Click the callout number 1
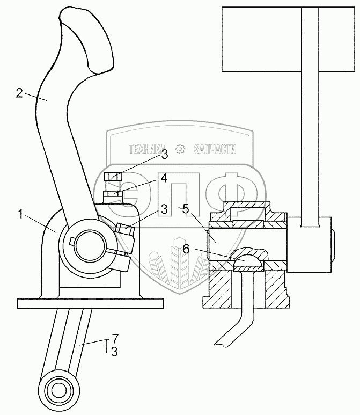(x=20, y=215)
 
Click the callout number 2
(x=19, y=93)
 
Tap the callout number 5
(x=185, y=209)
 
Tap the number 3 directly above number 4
(x=164, y=155)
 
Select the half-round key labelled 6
(x=247, y=258)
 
